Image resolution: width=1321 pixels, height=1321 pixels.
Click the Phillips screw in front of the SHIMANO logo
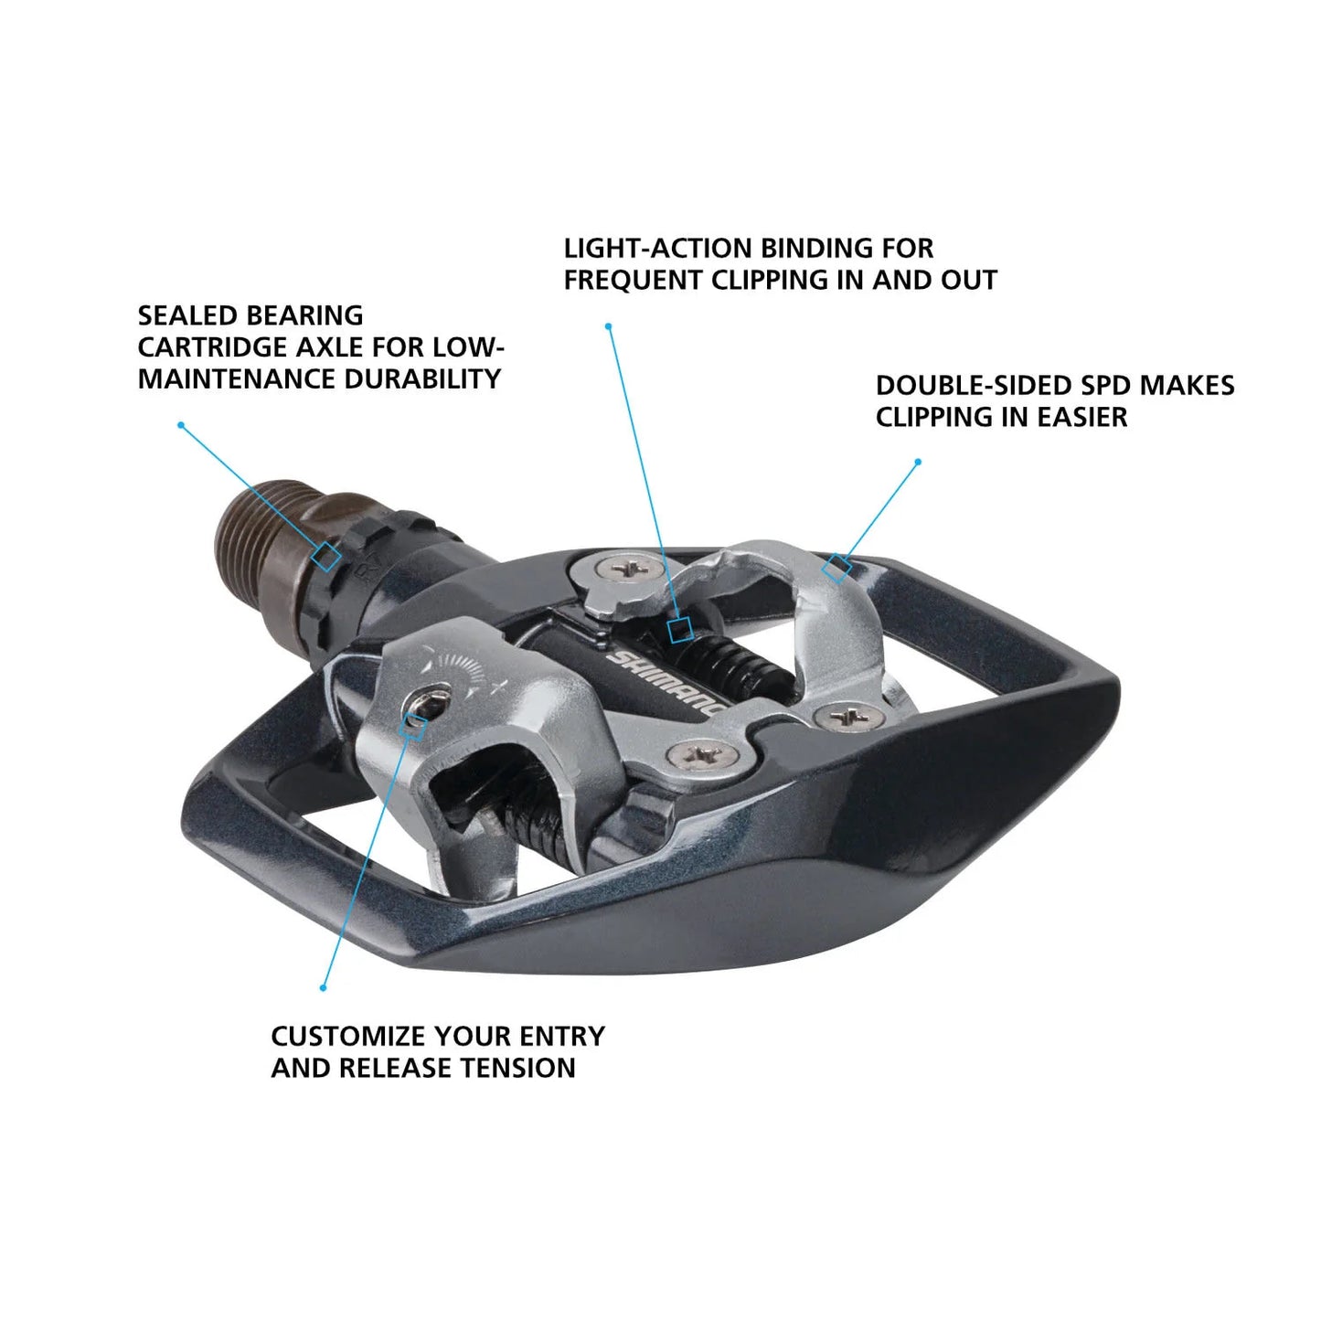coord(701,755)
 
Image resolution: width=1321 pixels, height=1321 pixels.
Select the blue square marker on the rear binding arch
coord(836,568)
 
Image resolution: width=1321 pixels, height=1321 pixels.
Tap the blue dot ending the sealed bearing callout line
coord(181,425)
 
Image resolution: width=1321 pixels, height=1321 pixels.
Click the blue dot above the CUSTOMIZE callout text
coord(323,987)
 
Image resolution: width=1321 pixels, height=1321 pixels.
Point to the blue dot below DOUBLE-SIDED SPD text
coord(918,462)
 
